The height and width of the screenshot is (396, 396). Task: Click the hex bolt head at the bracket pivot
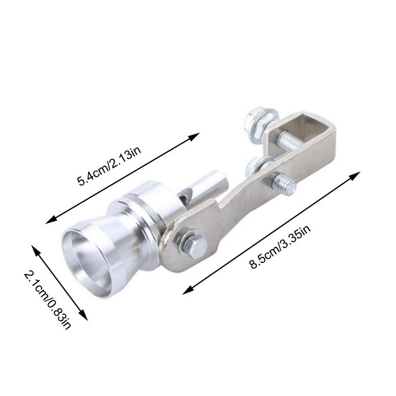(x=191, y=245)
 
